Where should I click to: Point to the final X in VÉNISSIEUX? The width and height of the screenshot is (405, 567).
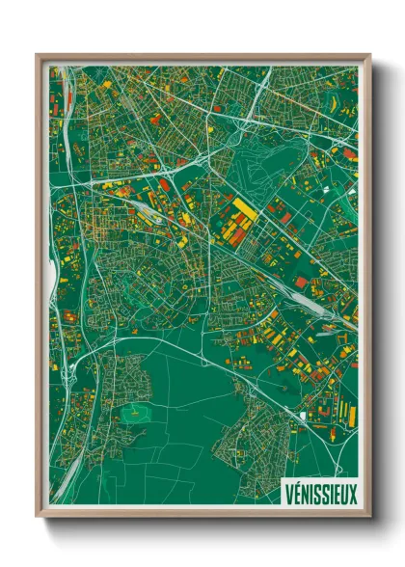352,492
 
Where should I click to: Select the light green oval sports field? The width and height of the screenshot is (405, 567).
134,414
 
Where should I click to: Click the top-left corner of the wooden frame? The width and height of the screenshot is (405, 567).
38,56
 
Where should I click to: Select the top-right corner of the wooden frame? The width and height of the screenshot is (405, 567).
369,56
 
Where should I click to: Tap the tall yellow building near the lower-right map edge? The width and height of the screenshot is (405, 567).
352,416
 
